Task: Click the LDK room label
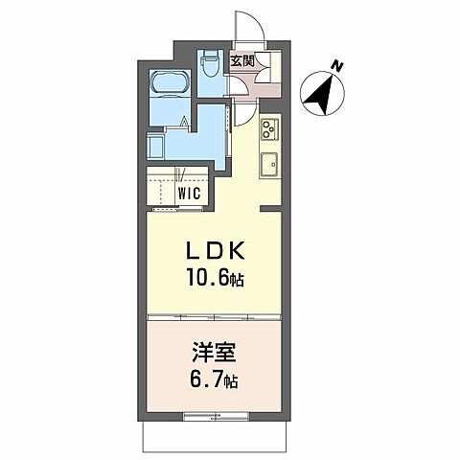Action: pyautogui.click(x=217, y=250)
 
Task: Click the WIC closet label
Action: pyautogui.click(x=188, y=192)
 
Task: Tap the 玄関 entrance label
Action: pyautogui.click(x=241, y=62)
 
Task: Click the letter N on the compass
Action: pyautogui.click(x=336, y=66)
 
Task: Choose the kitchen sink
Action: pyautogui.click(x=269, y=163)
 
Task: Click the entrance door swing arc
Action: pyautogui.click(x=244, y=24)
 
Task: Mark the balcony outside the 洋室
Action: pyautogui.click(x=214, y=437)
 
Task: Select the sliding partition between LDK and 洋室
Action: pyautogui.click(x=214, y=316)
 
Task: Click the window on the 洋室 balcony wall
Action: pyautogui.click(x=214, y=417)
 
